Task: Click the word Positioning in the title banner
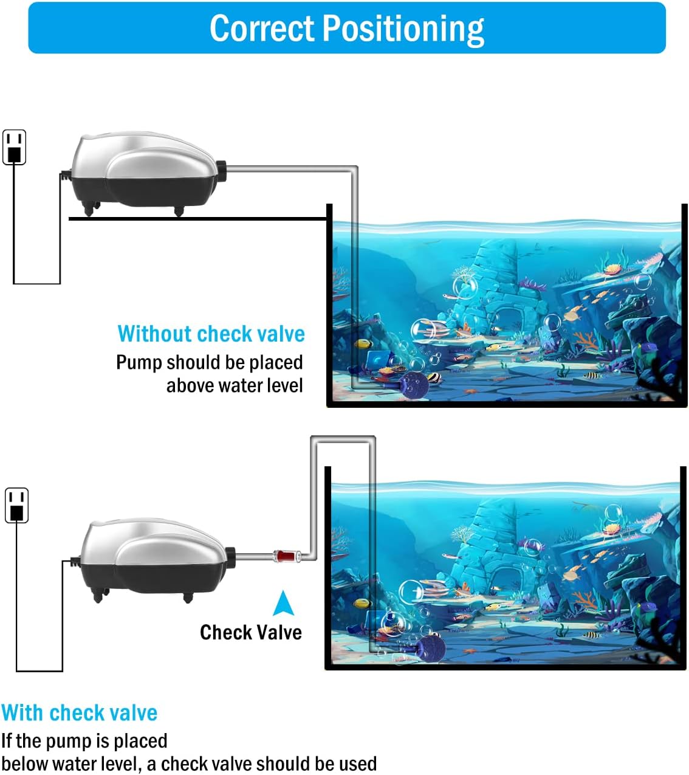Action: tap(403, 29)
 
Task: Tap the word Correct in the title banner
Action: tap(262, 28)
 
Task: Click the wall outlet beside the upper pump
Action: tap(15, 147)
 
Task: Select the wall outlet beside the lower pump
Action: tap(17, 505)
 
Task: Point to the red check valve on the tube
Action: tap(283, 555)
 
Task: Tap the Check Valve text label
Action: tap(250, 632)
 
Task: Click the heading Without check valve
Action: tap(211, 334)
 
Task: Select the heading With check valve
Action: tap(80, 712)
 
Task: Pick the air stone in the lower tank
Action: tap(429, 647)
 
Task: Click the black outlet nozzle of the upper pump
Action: tap(221, 171)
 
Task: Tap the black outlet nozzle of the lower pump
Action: tap(230, 556)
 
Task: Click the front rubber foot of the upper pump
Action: tap(178, 210)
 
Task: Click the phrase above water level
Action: tap(235, 385)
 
